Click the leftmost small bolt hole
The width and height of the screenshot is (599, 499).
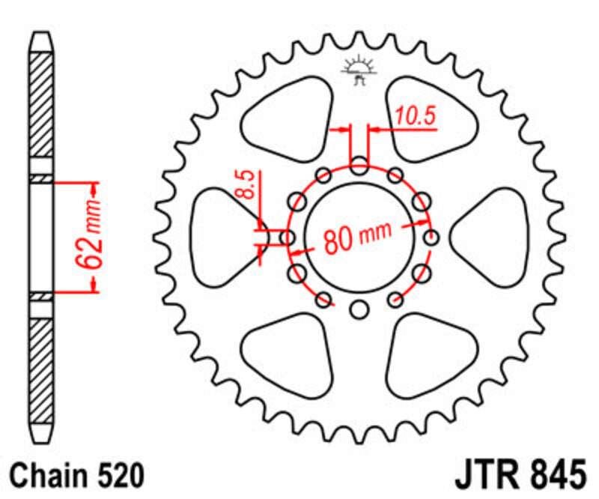286,238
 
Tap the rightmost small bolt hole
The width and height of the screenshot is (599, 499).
432,238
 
